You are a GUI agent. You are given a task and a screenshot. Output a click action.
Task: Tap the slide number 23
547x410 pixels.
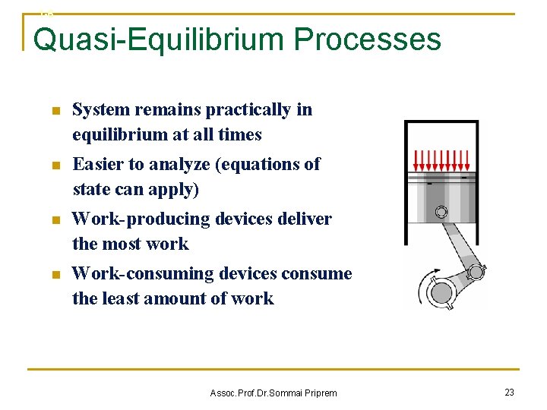point(509,392)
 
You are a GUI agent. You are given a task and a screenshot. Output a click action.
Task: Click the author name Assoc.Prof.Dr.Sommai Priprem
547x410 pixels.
point(273,393)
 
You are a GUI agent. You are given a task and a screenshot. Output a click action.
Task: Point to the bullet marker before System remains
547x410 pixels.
point(55,111)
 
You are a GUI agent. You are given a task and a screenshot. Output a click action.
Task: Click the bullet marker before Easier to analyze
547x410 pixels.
point(55,166)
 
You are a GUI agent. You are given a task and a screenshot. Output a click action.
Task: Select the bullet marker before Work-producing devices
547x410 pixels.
point(55,220)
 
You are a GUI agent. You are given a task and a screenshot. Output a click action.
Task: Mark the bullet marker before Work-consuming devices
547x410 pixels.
point(55,275)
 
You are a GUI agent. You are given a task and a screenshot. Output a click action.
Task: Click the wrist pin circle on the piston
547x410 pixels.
point(441,212)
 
